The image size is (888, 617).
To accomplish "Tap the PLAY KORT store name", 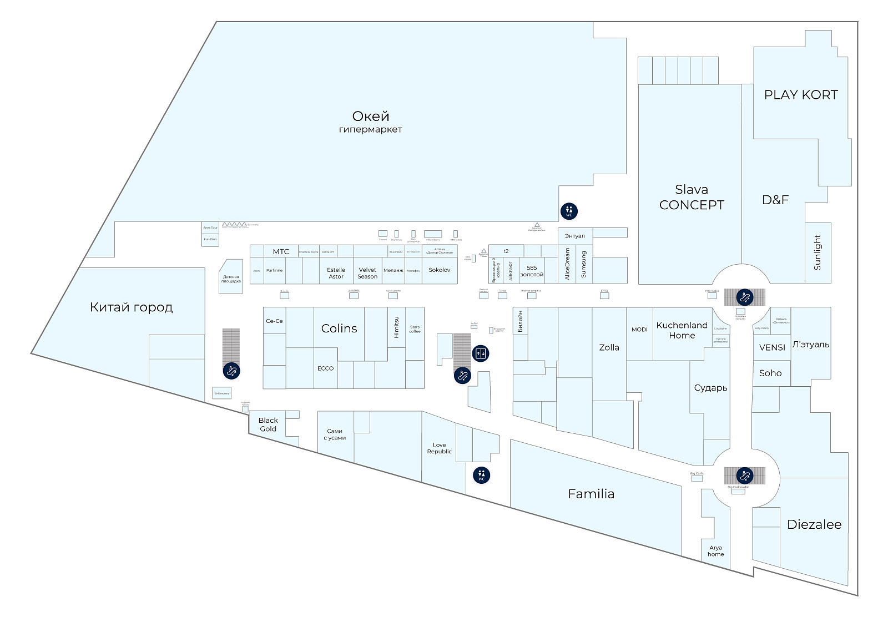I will pos(801,95).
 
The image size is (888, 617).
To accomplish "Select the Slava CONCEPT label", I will pos(692,198).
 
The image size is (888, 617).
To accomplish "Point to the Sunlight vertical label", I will pos(818,252).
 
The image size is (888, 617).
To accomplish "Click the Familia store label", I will pos(591,494).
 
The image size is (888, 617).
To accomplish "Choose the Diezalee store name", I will pos(814,524).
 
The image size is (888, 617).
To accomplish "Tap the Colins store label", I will pos(339,328).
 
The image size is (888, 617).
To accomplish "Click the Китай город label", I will pos(131,307).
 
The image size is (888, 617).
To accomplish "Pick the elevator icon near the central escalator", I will pos(481,353).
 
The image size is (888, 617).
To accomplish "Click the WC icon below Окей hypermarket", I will pos(569,211).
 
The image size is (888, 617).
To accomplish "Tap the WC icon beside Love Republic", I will pos(481,475).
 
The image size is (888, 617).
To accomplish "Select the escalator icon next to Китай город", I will pos(231,371).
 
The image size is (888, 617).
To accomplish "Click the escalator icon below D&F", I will pos(744,297).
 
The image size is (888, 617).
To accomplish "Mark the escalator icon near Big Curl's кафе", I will pos(744,476).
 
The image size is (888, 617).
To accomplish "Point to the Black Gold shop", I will pos(268,424).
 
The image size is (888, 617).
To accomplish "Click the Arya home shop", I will pos(716,551).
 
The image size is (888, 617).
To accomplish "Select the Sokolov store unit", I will pos(440,270).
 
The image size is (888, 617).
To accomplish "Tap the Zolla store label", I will pos(609,348).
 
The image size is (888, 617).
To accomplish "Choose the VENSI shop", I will pos(772,347).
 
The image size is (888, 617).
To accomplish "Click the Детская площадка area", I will pos(231,279).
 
